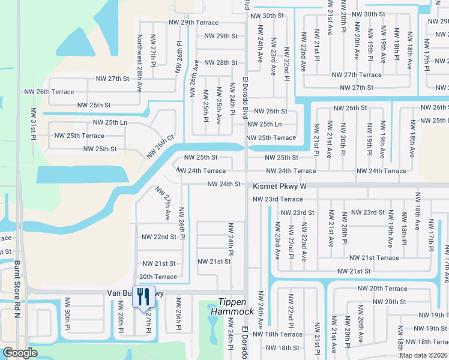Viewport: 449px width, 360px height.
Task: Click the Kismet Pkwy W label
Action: (x=279, y=187)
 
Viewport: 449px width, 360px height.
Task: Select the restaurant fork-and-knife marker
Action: (x=143, y=297)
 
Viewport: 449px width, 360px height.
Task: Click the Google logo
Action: (x=20, y=353)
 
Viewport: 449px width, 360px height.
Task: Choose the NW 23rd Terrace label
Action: (x=277, y=199)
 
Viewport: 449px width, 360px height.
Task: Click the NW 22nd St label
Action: (x=158, y=237)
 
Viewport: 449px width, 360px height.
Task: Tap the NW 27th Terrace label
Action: (x=357, y=75)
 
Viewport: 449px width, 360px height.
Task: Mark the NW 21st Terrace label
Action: (x=374, y=258)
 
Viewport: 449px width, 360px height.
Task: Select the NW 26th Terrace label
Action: (x=49, y=92)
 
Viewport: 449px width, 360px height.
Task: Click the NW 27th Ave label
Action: (x=163, y=202)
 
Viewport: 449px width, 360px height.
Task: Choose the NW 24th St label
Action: (x=224, y=184)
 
